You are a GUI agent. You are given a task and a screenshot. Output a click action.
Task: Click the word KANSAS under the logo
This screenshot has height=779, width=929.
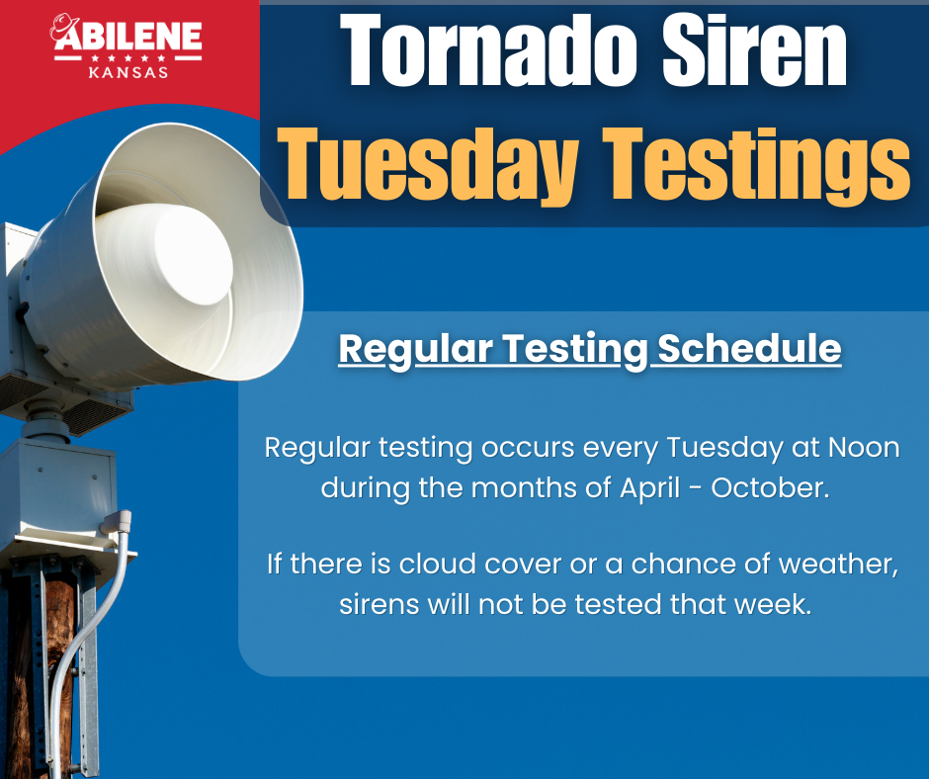pos(127,71)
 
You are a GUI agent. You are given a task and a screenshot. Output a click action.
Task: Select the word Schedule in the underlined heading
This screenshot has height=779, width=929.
pos(749,349)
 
